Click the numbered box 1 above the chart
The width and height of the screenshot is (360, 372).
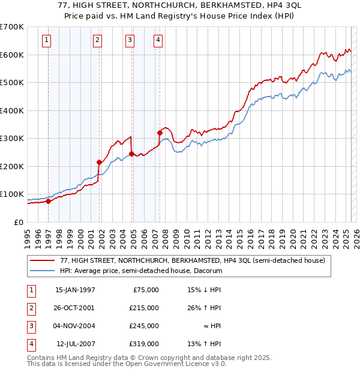point(47,40)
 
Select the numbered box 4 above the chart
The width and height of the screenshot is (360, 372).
point(157,40)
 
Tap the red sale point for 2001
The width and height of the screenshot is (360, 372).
point(100,162)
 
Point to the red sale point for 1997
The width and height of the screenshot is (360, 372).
point(48,201)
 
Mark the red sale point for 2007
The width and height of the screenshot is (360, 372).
point(160,133)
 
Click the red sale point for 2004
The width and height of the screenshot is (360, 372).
point(131,154)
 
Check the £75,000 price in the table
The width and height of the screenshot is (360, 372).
point(146,290)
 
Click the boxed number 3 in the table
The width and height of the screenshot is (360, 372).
point(31,326)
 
